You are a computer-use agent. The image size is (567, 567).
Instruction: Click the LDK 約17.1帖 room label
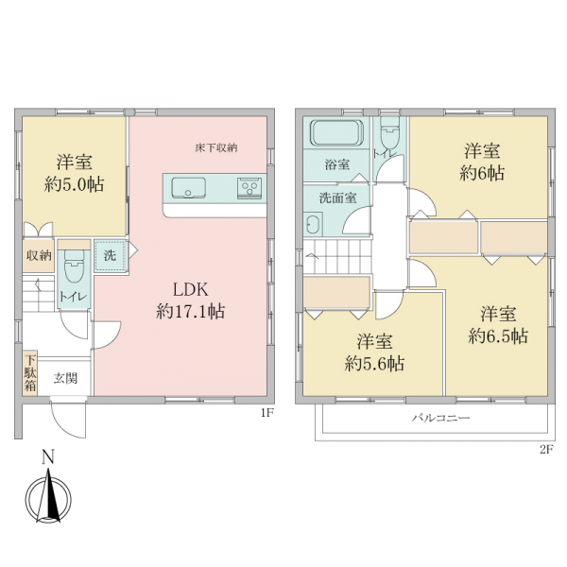point(191,301)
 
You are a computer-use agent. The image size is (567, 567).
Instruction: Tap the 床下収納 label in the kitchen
point(216,148)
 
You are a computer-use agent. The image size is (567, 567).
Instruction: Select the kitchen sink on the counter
point(188,188)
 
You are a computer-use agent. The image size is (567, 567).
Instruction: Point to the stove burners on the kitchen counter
point(249,188)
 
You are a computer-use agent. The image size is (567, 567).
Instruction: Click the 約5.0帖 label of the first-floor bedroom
point(74,185)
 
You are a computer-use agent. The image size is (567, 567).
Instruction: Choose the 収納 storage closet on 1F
point(39,256)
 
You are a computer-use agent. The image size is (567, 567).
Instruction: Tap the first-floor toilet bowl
point(74,266)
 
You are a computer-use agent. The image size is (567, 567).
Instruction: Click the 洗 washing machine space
point(111,256)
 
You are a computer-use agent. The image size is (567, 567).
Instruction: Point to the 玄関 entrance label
point(65,379)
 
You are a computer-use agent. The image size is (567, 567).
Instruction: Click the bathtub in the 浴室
point(337,132)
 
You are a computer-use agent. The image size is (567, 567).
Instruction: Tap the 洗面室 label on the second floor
point(337,198)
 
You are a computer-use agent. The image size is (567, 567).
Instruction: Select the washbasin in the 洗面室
point(314,225)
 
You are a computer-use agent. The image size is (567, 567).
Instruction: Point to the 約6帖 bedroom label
point(482,174)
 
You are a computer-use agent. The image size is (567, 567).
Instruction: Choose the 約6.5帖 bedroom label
point(498,336)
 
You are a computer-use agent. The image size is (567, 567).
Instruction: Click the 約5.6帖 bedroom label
point(374,364)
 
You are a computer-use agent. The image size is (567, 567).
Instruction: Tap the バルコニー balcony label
point(441,419)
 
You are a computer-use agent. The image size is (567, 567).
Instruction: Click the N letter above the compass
point(48,456)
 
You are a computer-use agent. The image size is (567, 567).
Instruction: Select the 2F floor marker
point(547,450)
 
